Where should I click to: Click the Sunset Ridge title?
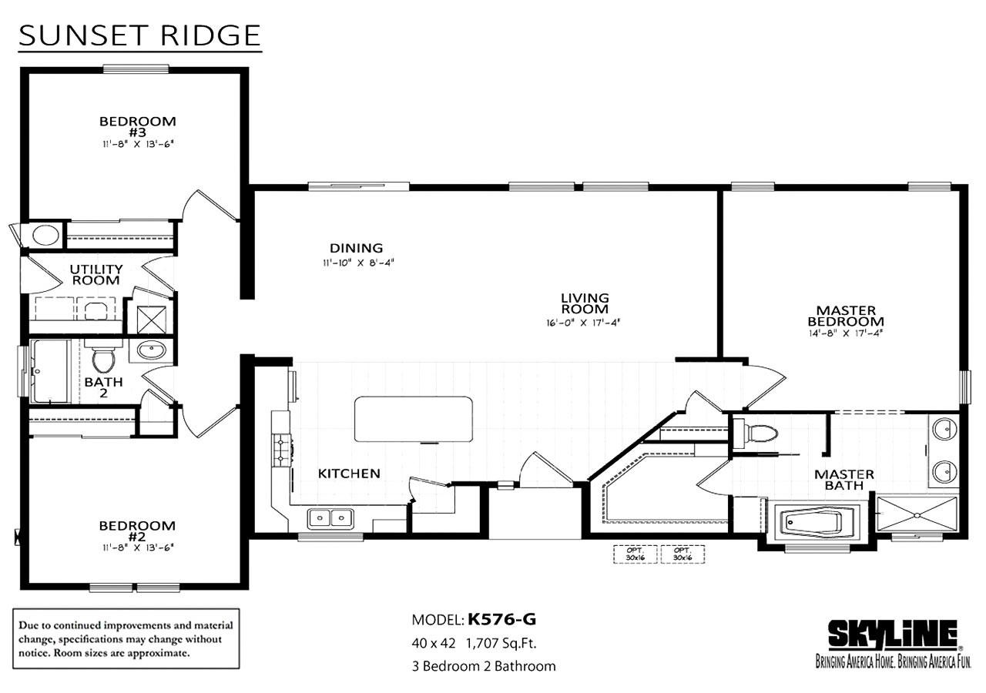click(139, 35)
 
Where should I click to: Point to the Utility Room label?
click(96, 274)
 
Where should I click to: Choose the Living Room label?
click(585, 303)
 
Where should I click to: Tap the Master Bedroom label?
click(844, 316)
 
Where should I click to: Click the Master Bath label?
click(844, 480)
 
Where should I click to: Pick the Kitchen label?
click(349, 473)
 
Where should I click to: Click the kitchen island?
click(413, 419)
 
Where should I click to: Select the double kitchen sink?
click(330, 518)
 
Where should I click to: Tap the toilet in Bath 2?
click(102, 359)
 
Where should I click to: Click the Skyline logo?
click(892, 636)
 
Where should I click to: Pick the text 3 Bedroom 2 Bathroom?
click(483, 666)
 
